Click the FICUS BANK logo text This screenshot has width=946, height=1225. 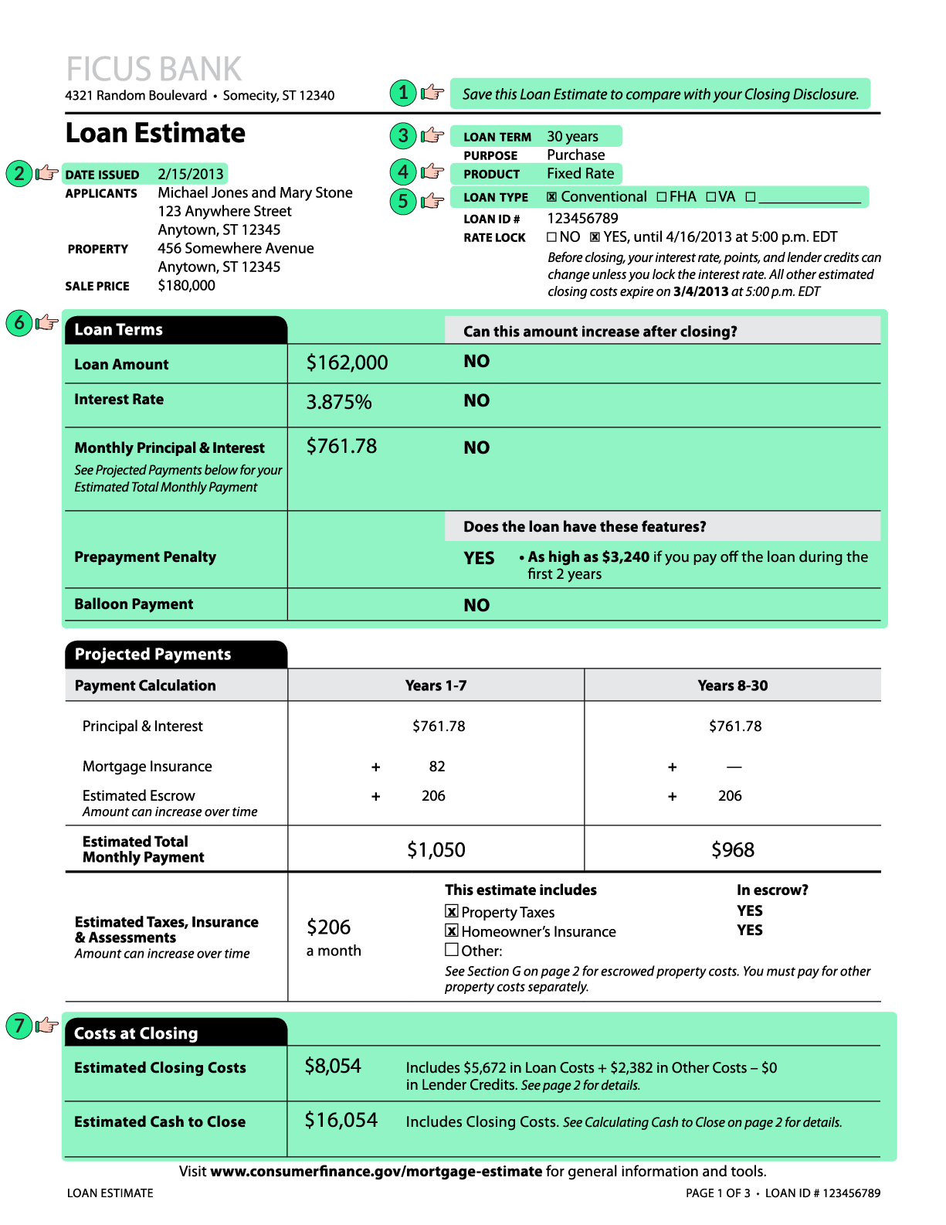tap(154, 69)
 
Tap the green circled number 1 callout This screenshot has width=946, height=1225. tap(402, 94)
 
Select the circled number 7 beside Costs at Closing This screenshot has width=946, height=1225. tap(19, 1026)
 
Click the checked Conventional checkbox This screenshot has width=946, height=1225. tap(551, 197)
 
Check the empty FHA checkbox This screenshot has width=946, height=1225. tap(662, 197)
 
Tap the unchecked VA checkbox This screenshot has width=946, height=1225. tap(710, 197)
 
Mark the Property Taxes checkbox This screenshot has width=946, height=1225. tap(452, 912)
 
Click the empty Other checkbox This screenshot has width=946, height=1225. tap(452, 950)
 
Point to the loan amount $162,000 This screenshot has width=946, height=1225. tap(347, 362)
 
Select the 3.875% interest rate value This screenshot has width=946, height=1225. tap(339, 402)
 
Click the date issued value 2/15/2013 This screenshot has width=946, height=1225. tap(191, 174)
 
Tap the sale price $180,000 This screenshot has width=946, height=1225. tap(187, 285)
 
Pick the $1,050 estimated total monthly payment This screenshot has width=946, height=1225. tap(436, 850)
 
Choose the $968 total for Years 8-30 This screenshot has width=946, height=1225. tap(733, 850)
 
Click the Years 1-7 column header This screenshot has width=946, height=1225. tap(436, 686)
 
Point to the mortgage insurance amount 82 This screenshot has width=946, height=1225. tap(437, 766)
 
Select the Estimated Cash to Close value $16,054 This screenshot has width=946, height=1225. tap(341, 1120)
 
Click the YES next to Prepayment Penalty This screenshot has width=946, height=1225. tap(479, 558)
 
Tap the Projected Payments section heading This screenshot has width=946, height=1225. tap(153, 654)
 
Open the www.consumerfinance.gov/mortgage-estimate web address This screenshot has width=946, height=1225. tap(376, 1171)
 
